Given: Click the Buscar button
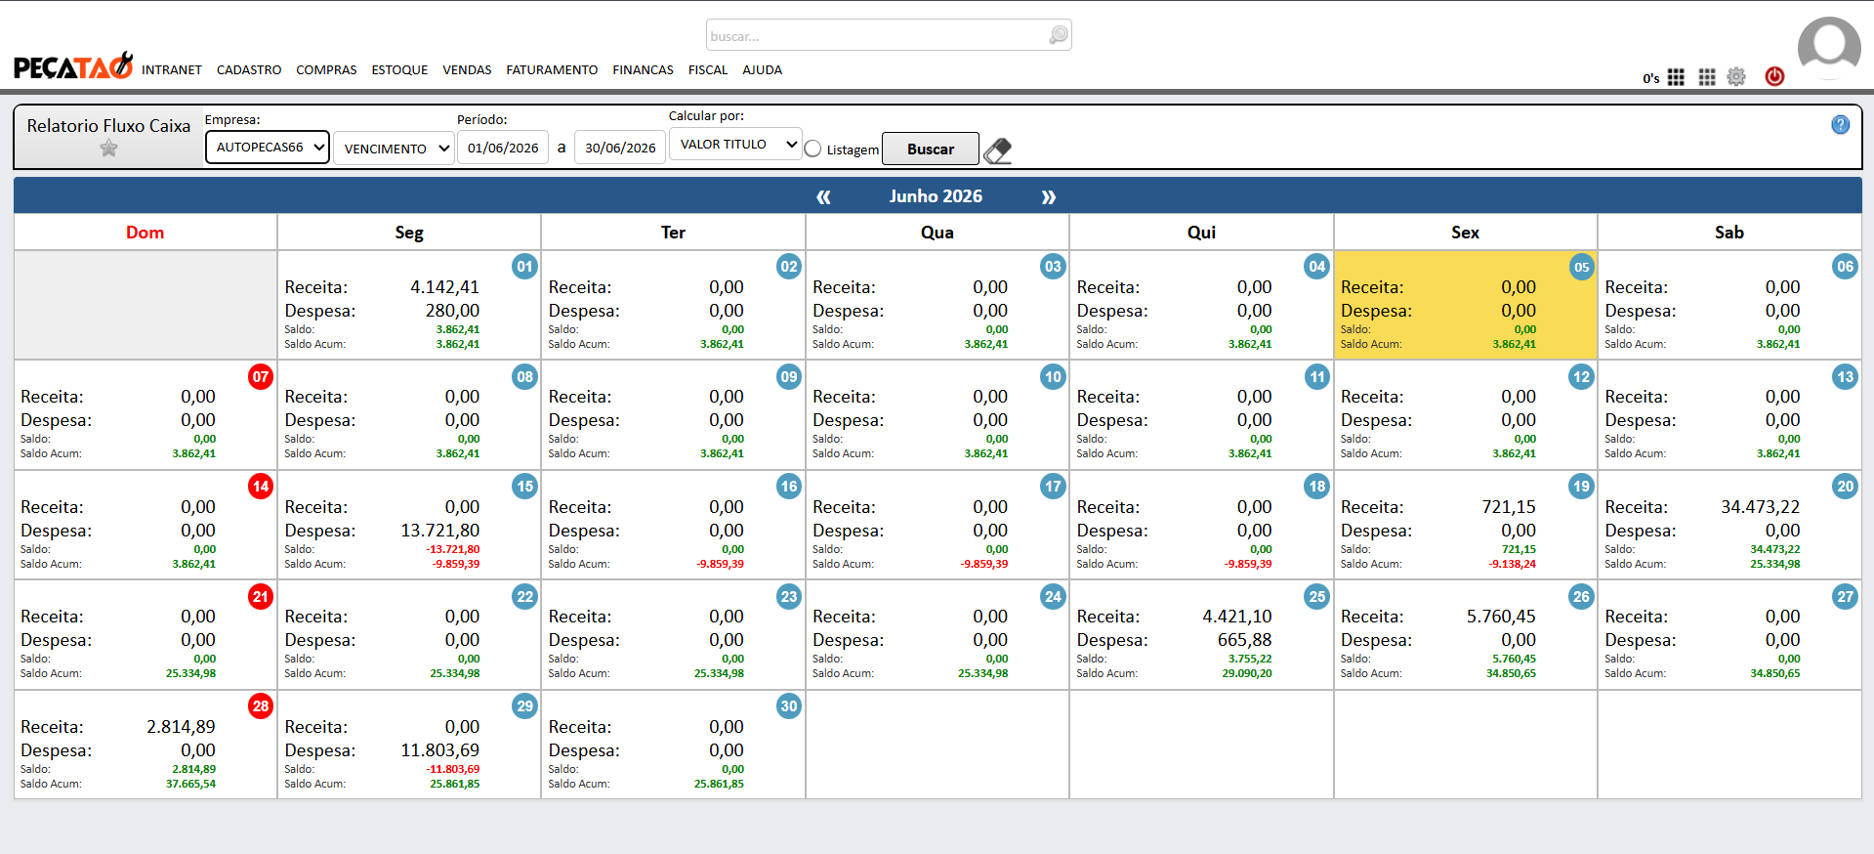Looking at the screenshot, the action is (930, 149).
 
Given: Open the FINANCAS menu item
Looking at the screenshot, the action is (643, 70).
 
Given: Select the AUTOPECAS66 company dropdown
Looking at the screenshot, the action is (268, 148).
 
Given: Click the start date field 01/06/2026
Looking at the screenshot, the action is (503, 148).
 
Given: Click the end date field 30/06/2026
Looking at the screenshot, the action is (620, 148).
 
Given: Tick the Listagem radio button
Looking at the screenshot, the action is (812, 149).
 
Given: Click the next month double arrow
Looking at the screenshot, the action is (1048, 197).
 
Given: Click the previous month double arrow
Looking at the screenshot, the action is (823, 197).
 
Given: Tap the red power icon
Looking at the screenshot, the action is (1774, 76).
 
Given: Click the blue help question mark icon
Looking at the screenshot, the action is (1840, 125).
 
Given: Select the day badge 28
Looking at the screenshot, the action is (261, 706).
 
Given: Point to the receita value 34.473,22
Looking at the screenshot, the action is (1760, 507).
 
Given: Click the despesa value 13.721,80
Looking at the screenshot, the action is (439, 531).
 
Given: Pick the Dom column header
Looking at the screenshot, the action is (145, 233).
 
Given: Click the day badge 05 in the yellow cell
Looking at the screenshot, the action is (1581, 267).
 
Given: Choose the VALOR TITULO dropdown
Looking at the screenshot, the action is (735, 145).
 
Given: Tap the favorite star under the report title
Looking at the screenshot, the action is (108, 149).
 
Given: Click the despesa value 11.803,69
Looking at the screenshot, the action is (439, 750).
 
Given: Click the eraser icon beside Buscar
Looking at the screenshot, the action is (997, 150).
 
